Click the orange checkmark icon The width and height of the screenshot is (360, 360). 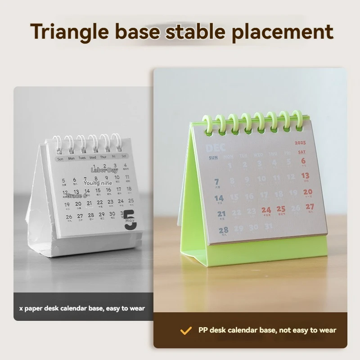(x=186, y=331)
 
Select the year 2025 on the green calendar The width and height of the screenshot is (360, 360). (x=300, y=143)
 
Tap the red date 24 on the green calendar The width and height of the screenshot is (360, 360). (x=266, y=210)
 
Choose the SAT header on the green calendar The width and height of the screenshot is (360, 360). (x=301, y=152)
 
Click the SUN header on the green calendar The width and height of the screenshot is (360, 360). (x=213, y=158)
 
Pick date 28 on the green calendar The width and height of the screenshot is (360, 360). (x=223, y=230)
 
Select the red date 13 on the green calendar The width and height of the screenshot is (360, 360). (x=305, y=175)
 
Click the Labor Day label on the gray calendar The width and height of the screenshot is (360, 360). (x=104, y=170)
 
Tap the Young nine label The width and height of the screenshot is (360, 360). (x=98, y=183)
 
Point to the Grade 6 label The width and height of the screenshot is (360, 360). (x=76, y=196)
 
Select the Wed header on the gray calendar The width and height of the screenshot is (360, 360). (x=93, y=158)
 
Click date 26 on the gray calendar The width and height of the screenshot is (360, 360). (x=69, y=217)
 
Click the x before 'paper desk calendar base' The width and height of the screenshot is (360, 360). (x=21, y=309)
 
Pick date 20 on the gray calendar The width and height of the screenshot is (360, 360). (x=79, y=204)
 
